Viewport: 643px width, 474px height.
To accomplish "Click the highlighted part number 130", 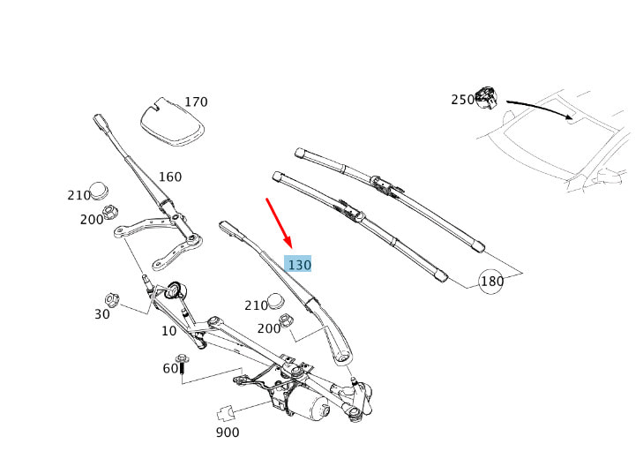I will coord(299,264).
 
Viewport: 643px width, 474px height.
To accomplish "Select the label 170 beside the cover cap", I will coord(196,102).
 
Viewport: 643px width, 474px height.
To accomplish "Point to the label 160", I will coord(169,177).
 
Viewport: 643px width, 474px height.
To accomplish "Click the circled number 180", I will coord(491,282).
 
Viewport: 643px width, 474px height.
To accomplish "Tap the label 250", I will coord(462,100).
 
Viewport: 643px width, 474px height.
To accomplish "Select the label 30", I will coord(102,313).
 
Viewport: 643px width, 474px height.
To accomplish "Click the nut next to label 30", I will coord(112,298).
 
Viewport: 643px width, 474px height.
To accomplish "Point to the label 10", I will coord(168,330).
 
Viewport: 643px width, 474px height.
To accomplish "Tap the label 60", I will coord(170,368).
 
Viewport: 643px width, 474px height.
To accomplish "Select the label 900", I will coord(227,433).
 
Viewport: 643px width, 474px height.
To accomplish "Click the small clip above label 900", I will coord(224,411).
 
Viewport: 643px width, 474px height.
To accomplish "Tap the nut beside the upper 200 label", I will coord(111,213).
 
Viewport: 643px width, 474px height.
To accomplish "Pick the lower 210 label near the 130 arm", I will coord(256,305).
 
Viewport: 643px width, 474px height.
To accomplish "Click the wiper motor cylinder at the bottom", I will coord(307,406).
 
